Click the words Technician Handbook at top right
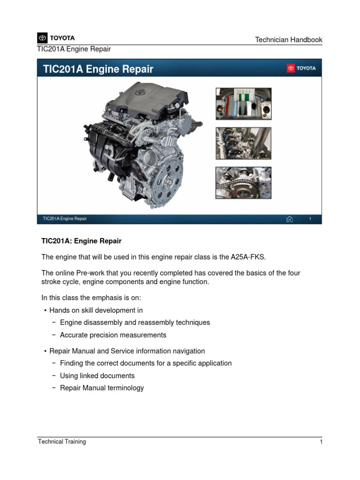click(288, 40)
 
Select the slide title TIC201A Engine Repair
click(98, 69)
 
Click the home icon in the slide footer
click(289, 219)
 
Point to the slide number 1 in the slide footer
click(310, 219)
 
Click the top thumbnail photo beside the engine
click(243, 104)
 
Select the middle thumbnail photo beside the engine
click(243, 143)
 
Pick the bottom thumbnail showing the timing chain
click(243, 183)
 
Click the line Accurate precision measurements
click(113, 335)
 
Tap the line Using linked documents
click(97, 376)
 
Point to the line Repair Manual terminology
click(102, 388)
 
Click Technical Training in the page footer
click(62, 442)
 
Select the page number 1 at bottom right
click(321, 442)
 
